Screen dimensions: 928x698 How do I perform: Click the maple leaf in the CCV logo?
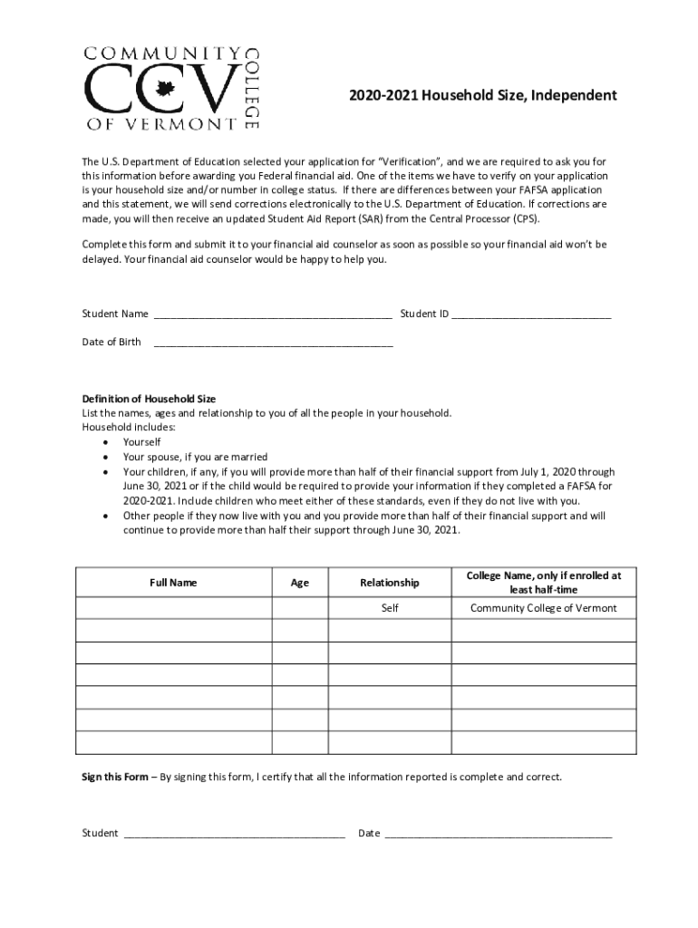pyautogui.click(x=165, y=88)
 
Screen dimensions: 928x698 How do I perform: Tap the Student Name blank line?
pyautogui.click(x=273, y=317)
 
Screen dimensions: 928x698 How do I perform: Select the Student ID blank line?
pyautogui.click(x=531, y=317)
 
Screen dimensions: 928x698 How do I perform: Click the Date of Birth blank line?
pyautogui.click(x=273, y=345)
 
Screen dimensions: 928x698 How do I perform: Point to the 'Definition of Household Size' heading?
pyautogui.click(x=149, y=399)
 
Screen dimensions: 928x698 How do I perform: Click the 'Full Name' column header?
pyautogui.click(x=173, y=583)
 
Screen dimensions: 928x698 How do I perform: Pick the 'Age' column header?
pyautogui.click(x=299, y=583)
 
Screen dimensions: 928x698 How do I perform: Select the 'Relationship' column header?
pyautogui.click(x=389, y=583)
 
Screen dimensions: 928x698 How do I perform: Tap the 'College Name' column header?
pyautogui.click(x=543, y=582)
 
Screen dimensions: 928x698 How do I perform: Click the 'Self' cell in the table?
pyautogui.click(x=390, y=608)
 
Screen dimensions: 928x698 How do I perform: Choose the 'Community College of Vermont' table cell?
pyautogui.click(x=543, y=608)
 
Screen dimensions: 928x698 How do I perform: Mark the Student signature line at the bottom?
pyautogui.click(x=234, y=836)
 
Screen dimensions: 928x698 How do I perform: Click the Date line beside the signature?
pyautogui.click(x=498, y=836)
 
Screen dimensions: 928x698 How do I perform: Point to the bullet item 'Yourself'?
pyautogui.click(x=142, y=442)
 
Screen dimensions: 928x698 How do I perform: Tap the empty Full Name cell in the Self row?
pyautogui.click(x=173, y=608)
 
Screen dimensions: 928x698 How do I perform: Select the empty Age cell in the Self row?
pyautogui.click(x=299, y=608)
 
